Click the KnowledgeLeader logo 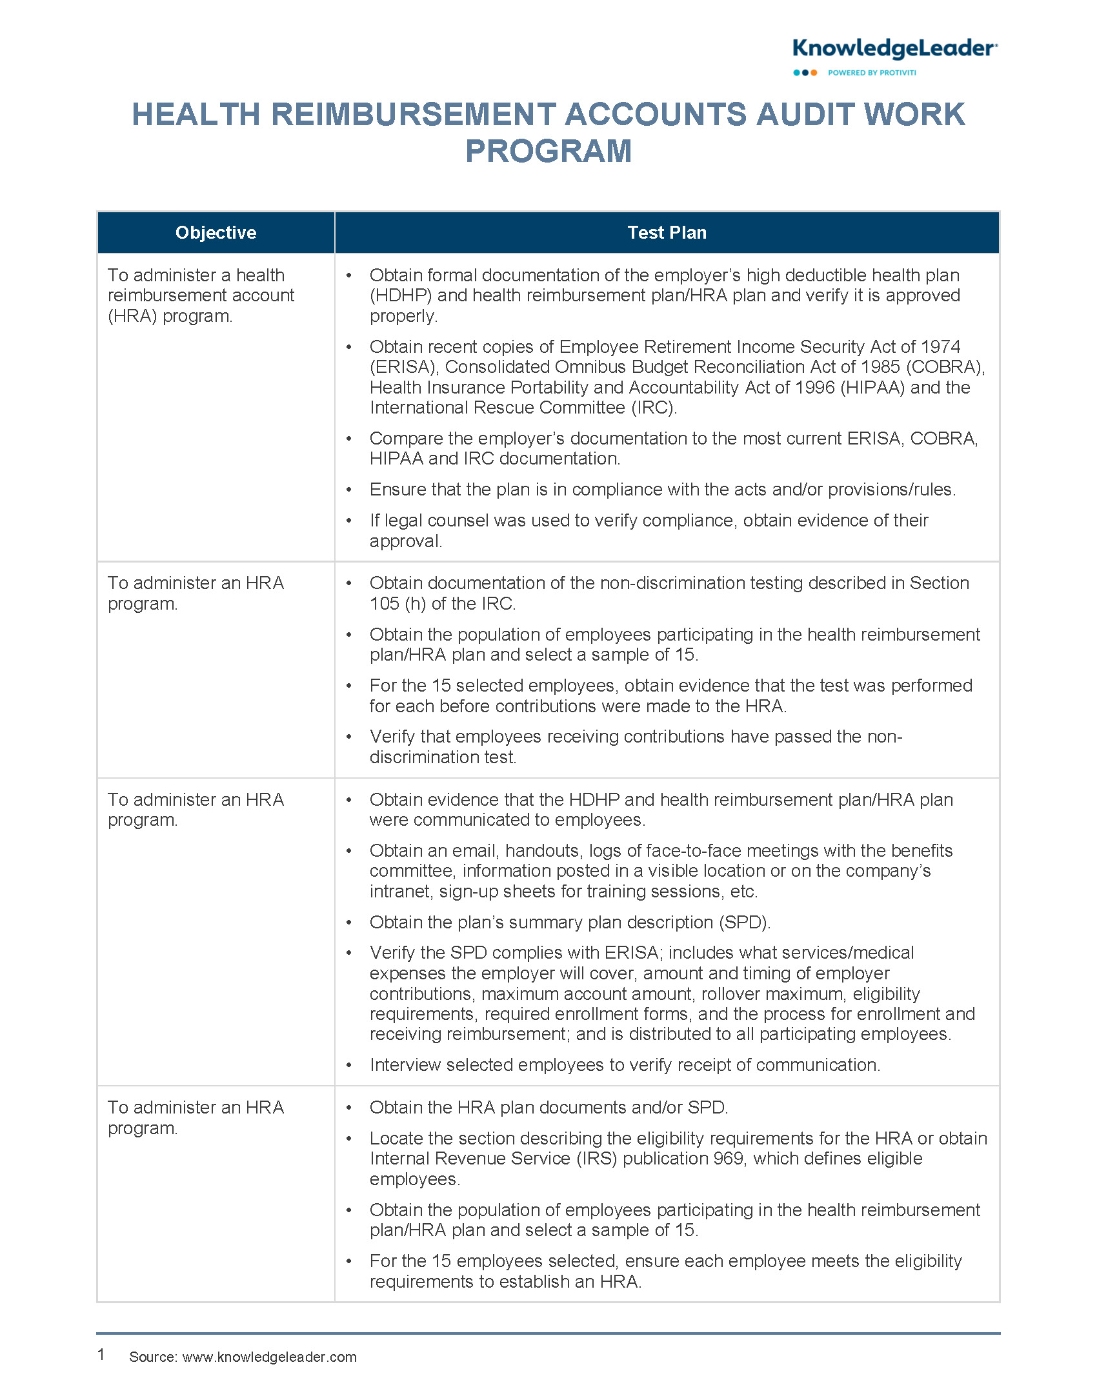(x=894, y=50)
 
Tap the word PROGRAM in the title (x=548, y=152)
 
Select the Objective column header (x=216, y=233)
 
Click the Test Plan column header (x=667, y=233)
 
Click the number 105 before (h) (x=385, y=604)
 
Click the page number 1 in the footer (x=101, y=1354)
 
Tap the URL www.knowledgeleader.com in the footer (x=269, y=1357)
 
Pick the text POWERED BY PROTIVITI (x=872, y=73)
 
